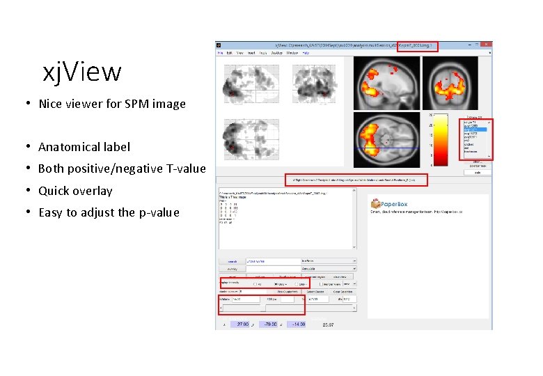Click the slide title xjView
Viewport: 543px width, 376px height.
pyautogui.click(x=82, y=72)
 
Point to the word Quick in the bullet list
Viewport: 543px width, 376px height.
pyautogui.click(x=54, y=191)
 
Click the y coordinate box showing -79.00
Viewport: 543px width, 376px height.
pyautogui.click(x=270, y=324)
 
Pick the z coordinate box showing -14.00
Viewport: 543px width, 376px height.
pyautogui.click(x=298, y=324)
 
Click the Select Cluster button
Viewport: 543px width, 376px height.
pyautogui.click(x=315, y=292)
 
